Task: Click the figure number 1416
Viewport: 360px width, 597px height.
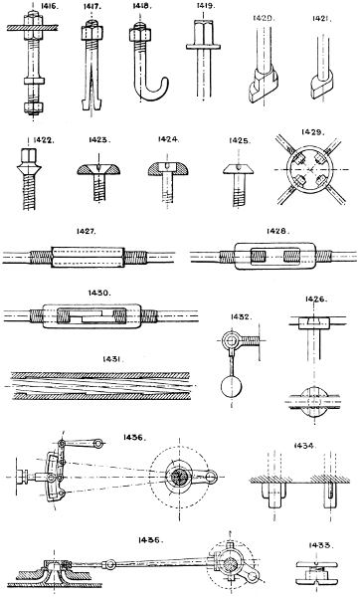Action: click(x=49, y=7)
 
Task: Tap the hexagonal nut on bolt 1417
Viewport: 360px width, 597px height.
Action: click(x=90, y=33)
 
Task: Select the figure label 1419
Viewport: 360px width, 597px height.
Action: click(x=206, y=6)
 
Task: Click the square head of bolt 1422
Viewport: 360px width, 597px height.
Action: click(x=29, y=155)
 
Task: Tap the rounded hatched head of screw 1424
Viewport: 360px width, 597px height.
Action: click(x=169, y=169)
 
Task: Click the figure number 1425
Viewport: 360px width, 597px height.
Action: click(x=240, y=141)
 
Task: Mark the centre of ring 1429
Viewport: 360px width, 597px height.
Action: click(x=309, y=169)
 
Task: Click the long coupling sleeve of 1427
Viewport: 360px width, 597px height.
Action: click(x=88, y=258)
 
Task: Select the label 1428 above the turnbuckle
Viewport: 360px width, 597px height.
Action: click(x=278, y=231)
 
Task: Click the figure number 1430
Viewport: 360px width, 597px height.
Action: click(x=99, y=293)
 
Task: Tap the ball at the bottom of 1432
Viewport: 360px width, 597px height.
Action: click(x=231, y=387)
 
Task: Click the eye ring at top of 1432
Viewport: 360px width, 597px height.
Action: click(x=231, y=339)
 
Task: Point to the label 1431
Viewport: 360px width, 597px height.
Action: click(x=113, y=359)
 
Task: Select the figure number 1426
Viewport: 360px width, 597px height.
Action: click(x=315, y=299)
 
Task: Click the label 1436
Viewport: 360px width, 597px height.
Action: click(x=133, y=438)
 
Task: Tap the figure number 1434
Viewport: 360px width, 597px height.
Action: click(x=305, y=446)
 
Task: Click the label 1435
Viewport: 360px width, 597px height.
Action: click(x=150, y=540)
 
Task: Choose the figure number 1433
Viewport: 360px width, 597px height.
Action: click(x=319, y=545)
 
